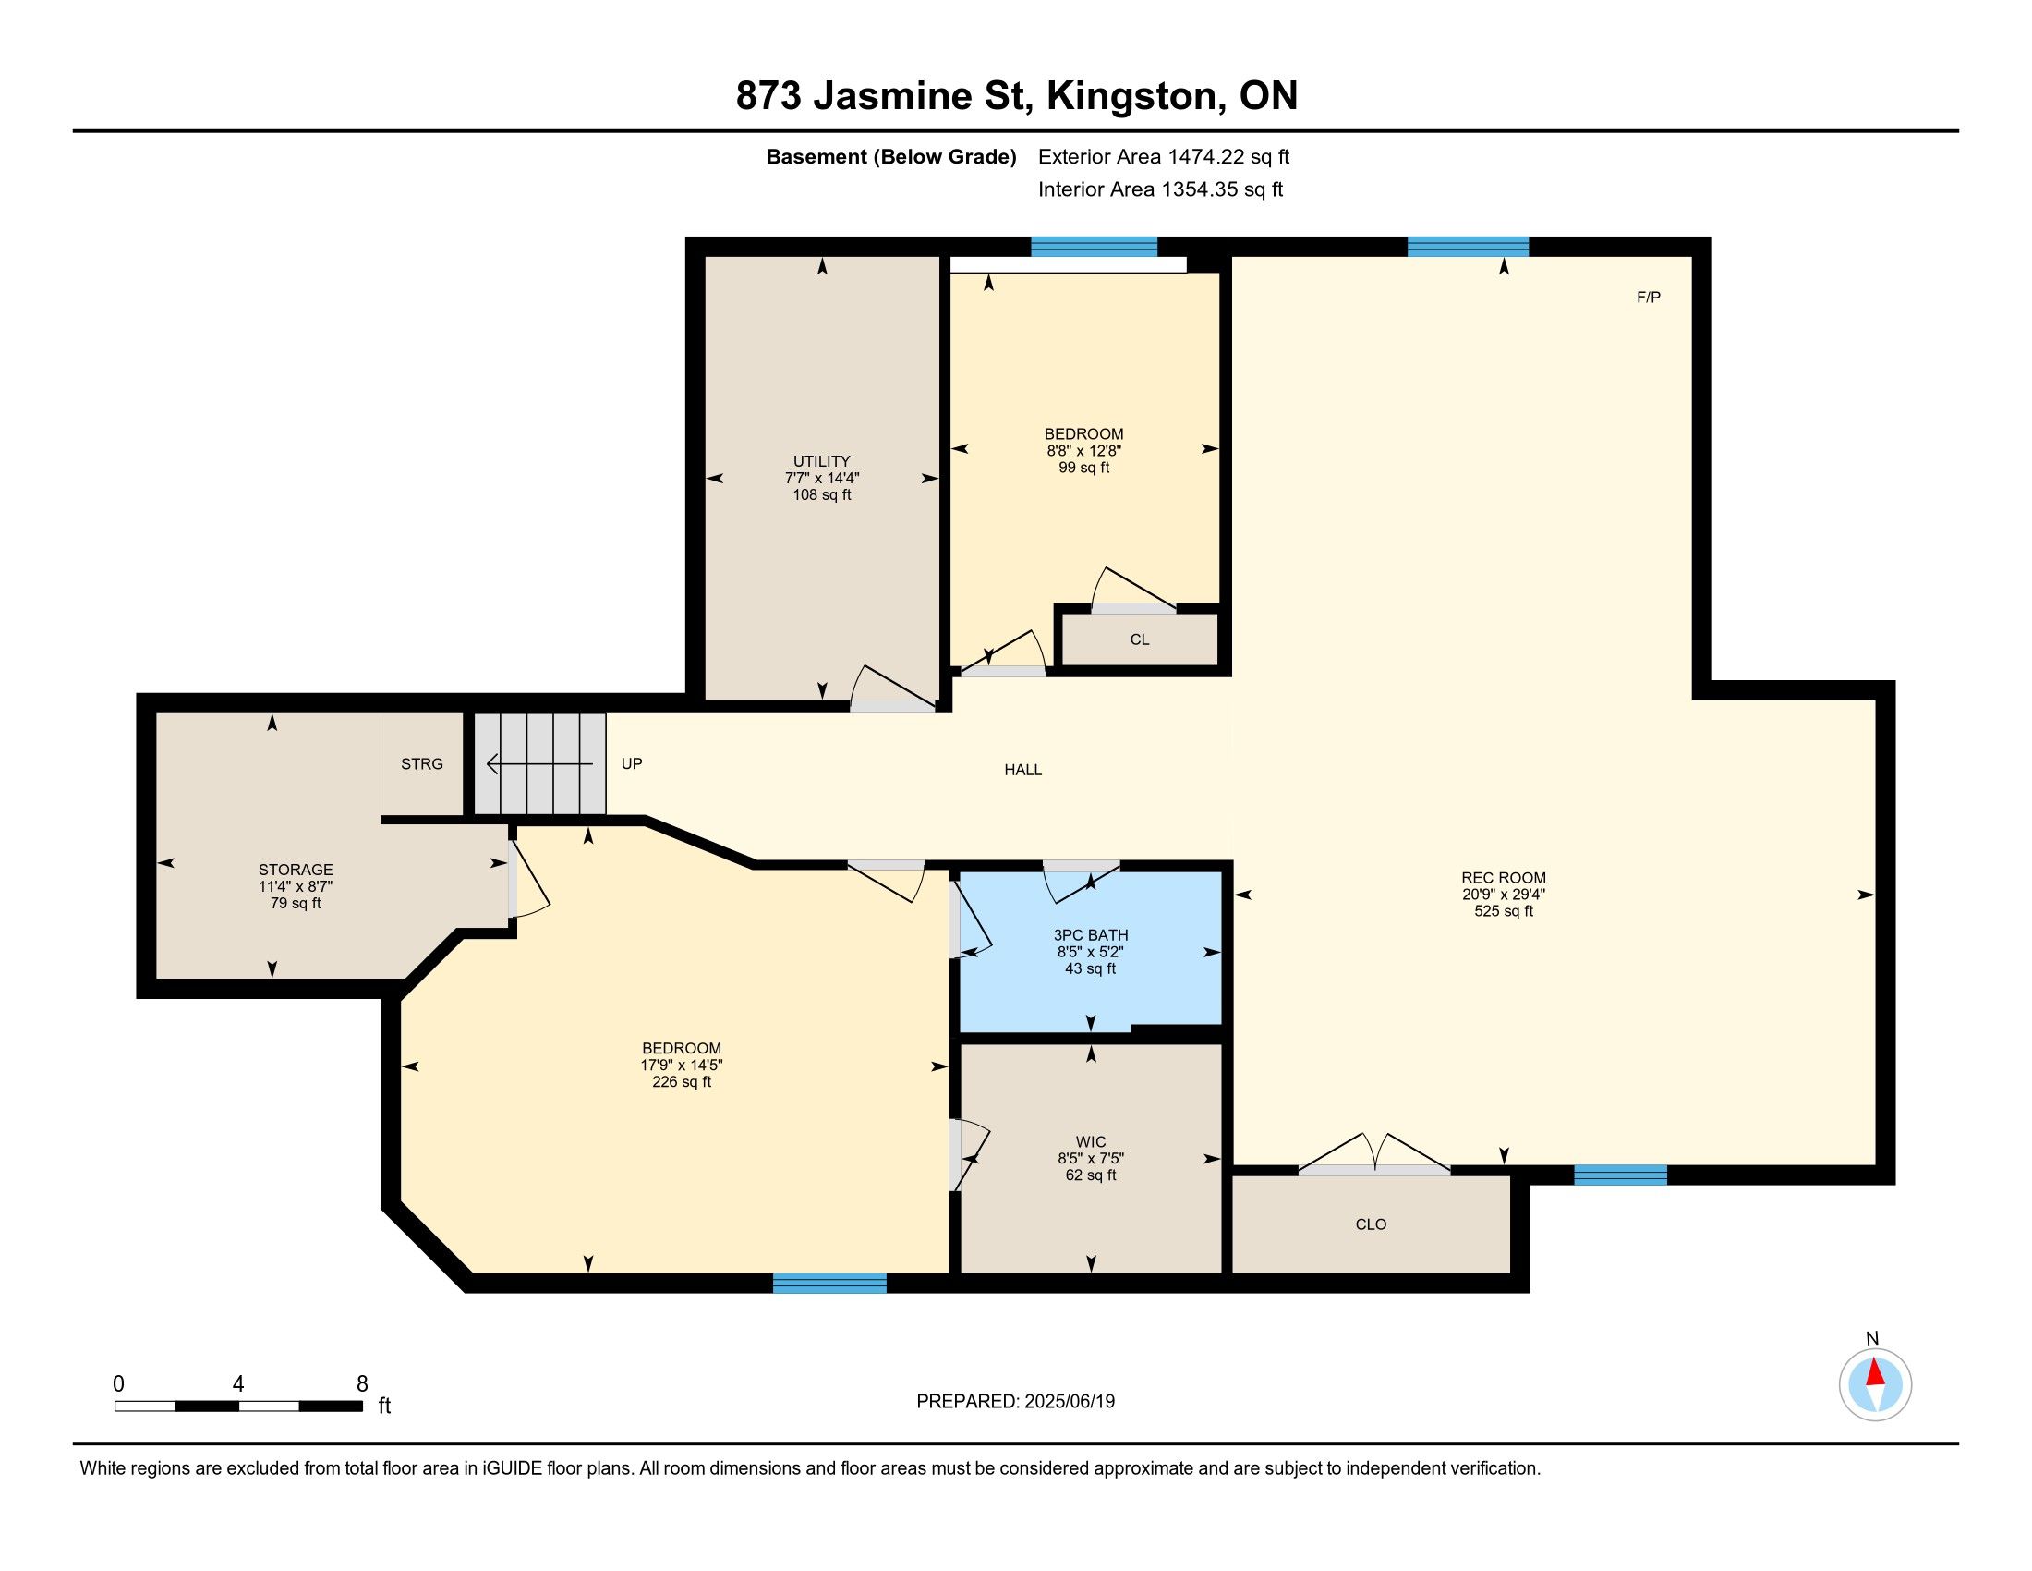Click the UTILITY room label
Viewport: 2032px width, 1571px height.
pyautogui.click(x=821, y=461)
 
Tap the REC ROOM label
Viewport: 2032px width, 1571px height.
pyautogui.click(x=1504, y=878)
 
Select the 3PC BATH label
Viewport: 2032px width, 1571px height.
pyautogui.click(x=1091, y=935)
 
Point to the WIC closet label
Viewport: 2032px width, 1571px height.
pyautogui.click(x=1091, y=1142)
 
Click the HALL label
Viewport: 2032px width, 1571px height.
pyautogui.click(x=1022, y=770)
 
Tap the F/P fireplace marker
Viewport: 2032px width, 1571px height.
pyautogui.click(x=1649, y=297)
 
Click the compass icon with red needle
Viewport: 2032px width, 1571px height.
pyautogui.click(x=1875, y=1385)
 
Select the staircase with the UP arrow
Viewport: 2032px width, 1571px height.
pyautogui.click(x=540, y=764)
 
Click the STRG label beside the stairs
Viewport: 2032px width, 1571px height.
pyautogui.click(x=421, y=764)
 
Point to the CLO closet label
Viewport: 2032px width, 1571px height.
pyautogui.click(x=1371, y=1224)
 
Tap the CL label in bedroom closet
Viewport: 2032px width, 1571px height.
pyautogui.click(x=1140, y=639)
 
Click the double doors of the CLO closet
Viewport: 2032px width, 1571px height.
pyautogui.click(x=1374, y=1154)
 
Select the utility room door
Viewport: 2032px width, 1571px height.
pyautogui.click(x=892, y=689)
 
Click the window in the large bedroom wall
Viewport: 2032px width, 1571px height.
pyautogui.click(x=830, y=1284)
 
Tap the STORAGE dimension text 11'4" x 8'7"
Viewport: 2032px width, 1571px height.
pyautogui.click(x=296, y=887)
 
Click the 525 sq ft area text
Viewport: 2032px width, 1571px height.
pyautogui.click(x=1504, y=911)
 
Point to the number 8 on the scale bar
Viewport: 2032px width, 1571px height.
pyautogui.click(x=362, y=1384)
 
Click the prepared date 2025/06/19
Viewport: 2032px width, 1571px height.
pyautogui.click(x=1069, y=1402)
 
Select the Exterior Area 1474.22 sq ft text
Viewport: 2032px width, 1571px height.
pyautogui.click(x=1164, y=157)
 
